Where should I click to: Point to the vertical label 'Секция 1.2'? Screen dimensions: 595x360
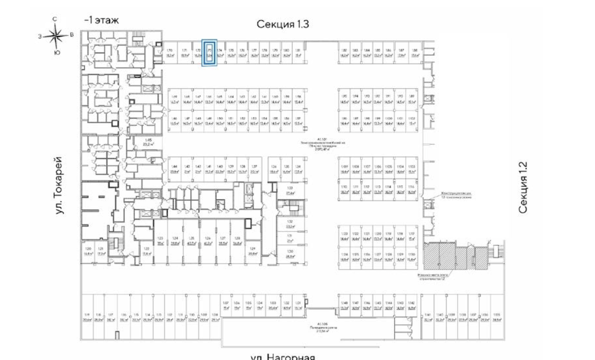523,187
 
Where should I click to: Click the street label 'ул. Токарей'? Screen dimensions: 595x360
60,185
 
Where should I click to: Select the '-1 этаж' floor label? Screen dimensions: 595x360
101,20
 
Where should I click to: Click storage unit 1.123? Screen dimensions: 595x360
346,236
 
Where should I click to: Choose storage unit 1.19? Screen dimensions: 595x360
88,317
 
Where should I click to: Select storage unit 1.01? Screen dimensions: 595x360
298,305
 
